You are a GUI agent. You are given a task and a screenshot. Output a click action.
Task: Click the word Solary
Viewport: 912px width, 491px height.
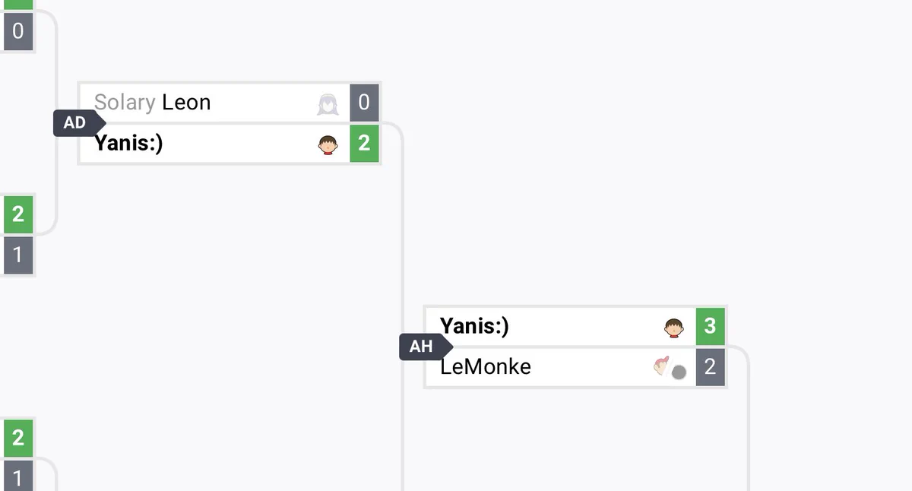click(125, 102)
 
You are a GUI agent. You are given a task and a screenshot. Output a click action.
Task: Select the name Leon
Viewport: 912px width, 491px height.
click(186, 102)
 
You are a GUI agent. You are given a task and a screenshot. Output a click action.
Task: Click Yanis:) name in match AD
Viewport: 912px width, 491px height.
click(128, 144)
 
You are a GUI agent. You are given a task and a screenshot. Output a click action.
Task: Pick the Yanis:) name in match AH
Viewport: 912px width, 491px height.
click(474, 326)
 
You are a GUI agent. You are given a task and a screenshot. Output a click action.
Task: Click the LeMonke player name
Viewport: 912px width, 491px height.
click(486, 367)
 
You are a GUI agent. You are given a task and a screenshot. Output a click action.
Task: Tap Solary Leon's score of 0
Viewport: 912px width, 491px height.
click(364, 103)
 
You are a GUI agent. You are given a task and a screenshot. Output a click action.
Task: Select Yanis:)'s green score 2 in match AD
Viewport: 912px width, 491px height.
click(364, 144)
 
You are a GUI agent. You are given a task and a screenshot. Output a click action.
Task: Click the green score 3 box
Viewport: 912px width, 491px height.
click(711, 326)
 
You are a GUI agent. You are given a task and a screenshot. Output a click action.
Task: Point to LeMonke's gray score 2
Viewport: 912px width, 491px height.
click(711, 367)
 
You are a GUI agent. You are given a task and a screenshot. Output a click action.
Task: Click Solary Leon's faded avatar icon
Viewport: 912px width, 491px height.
click(328, 105)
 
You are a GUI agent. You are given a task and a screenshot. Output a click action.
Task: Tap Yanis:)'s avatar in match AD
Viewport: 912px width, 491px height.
click(328, 145)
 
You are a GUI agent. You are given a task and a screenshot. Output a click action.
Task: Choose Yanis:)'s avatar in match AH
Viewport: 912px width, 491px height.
click(674, 328)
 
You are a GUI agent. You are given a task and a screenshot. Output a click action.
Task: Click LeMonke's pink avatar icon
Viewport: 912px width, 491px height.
click(662, 366)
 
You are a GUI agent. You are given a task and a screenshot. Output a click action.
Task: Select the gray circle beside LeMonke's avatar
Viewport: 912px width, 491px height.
click(679, 372)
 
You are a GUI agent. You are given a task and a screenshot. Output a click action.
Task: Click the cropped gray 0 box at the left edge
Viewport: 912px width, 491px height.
click(18, 31)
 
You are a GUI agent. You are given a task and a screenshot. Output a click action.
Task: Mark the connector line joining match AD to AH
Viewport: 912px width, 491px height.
click(402, 228)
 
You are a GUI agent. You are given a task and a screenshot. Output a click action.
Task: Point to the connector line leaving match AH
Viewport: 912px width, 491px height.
click(749, 407)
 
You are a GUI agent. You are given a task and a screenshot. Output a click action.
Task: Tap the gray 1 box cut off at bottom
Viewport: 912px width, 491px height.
click(18, 476)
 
